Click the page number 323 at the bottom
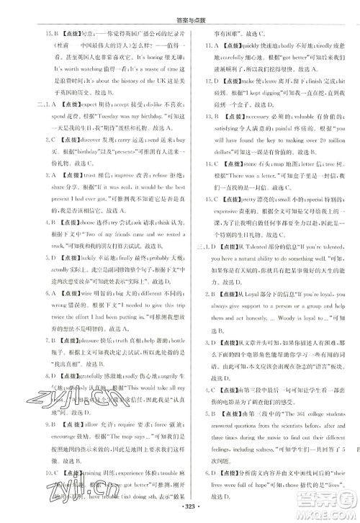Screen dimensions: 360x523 click(180, 516)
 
